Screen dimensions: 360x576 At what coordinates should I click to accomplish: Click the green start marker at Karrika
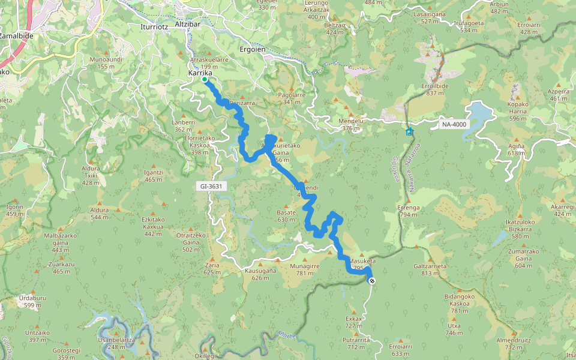pyautogui.click(x=205, y=79)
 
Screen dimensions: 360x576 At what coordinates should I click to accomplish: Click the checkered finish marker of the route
pyautogui.click(x=373, y=280)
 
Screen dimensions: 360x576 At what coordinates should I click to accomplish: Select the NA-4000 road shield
pyautogui.click(x=452, y=124)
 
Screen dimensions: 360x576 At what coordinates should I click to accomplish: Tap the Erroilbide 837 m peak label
pyautogui.click(x=436, y=89)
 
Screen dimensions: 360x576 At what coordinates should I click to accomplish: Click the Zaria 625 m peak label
pyautogui.click(x=212, y=268)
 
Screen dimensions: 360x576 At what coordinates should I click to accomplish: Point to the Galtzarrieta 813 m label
pyautogui.click(x=430, y=269)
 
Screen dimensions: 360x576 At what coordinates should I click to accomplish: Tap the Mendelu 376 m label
pyautogui.click(x=352, y=124)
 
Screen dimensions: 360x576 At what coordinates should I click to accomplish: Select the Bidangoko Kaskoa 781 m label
pyautogui.click(x=460, y=303)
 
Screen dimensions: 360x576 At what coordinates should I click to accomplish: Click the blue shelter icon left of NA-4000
pyautogui.click(x=409, y=131)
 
